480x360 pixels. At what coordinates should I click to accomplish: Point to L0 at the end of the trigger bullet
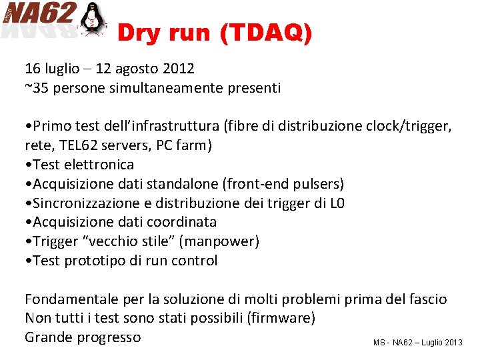pyautogui.click(x=337, y=203)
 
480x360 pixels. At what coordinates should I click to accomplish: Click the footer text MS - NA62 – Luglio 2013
pyautogui.click(x=417, y=342)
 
